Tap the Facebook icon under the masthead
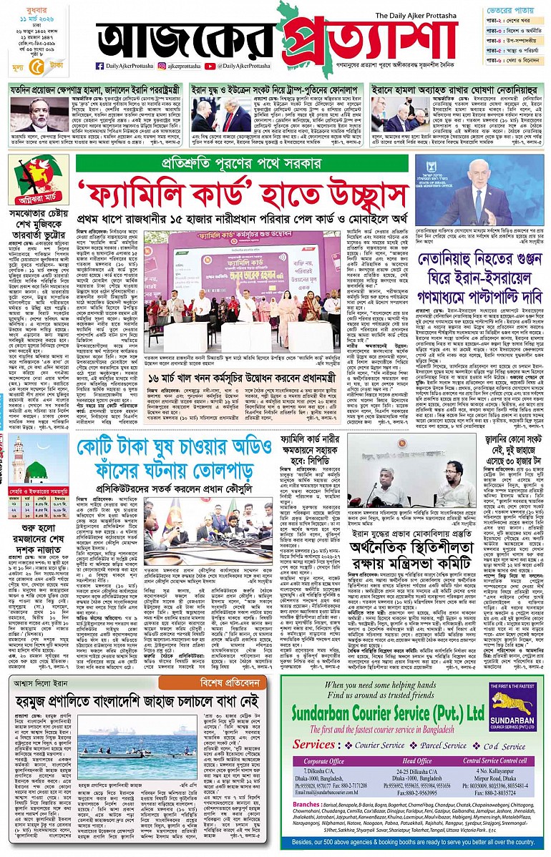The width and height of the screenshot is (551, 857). (99, 66)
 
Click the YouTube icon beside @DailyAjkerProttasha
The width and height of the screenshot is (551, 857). (210, 66)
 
